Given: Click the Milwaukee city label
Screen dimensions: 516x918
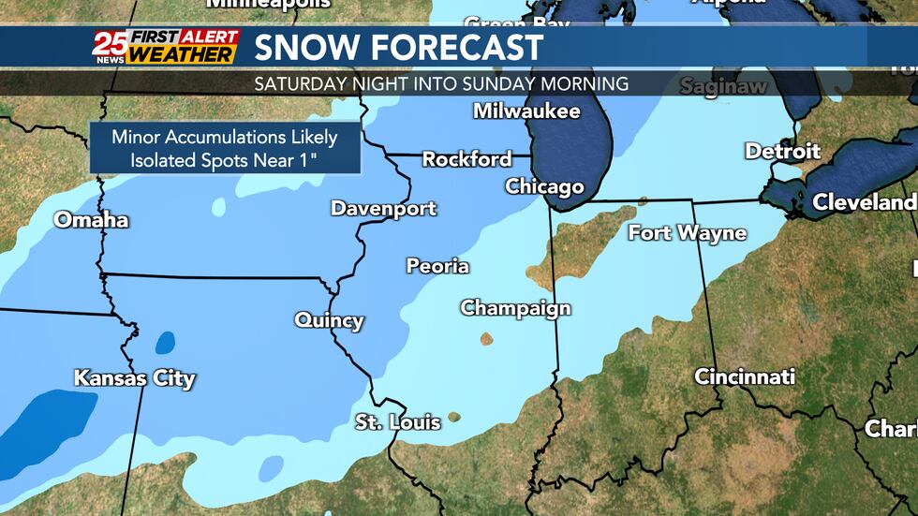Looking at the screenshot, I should (x=526, y=111).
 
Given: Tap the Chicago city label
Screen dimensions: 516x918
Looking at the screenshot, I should (x=544, y=187).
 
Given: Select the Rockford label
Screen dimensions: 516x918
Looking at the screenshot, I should (x=466, y=159).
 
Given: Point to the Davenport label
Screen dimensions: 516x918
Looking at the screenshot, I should (x=383, y=208).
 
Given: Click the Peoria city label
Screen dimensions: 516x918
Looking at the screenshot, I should (x=437, y=267).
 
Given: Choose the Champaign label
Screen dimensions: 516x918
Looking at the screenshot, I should (x=515, y=308).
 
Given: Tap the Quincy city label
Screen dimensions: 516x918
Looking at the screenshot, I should (x=329, y=320).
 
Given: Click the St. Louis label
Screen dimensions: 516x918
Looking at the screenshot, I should (x=397, y=422).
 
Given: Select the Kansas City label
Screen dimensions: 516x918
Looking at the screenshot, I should (x=134, y=379).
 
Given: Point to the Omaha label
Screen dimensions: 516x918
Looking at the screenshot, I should (x=91, y=221).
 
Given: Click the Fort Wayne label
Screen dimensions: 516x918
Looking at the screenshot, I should (x=687, y=233).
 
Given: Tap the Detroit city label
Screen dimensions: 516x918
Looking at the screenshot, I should (x=782, y=151).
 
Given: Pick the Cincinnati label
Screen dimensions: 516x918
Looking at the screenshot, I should (x=744, y=377).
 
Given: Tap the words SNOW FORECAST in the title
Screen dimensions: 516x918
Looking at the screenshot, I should (x=398, y=47).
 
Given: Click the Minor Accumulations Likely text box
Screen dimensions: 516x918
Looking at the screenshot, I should (x=225, y=148).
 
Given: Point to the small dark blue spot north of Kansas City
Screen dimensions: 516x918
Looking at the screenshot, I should (x=165, y=343).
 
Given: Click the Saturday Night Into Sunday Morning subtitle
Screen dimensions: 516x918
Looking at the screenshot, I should (x=441, y=83).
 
